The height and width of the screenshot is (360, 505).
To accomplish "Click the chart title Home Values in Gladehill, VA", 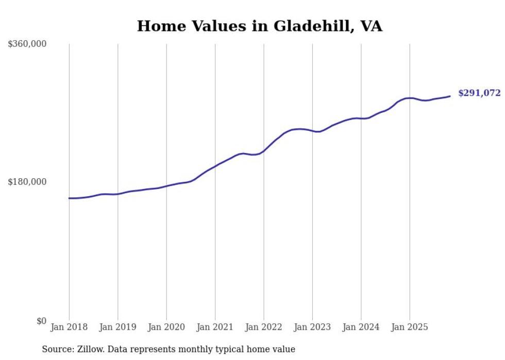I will point(259,26).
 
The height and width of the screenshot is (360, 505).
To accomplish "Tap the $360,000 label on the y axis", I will point(27,44).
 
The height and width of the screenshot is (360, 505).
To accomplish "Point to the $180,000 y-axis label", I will point(27,182).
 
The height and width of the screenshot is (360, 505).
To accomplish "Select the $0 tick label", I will point(41,321).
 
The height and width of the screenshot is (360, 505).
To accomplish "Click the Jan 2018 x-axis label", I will point(69,327).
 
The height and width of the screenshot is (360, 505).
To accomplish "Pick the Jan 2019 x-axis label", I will point(117,327).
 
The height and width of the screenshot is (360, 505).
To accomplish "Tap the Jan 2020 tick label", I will point(166,327).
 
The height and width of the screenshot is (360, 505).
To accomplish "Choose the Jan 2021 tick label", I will point(215,327).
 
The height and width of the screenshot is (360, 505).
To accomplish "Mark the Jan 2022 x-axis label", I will point(264,327).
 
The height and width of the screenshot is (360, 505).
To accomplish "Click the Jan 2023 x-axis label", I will point(312,327).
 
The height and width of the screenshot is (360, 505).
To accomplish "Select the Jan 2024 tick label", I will point(361,327).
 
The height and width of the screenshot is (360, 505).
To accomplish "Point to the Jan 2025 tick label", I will point(410,327).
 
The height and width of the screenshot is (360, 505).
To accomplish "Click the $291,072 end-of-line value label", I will point(479,93).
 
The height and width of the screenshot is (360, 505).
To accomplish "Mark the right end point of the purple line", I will point(450,96).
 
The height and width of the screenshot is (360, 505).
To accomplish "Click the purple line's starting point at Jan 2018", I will point(69,198).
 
